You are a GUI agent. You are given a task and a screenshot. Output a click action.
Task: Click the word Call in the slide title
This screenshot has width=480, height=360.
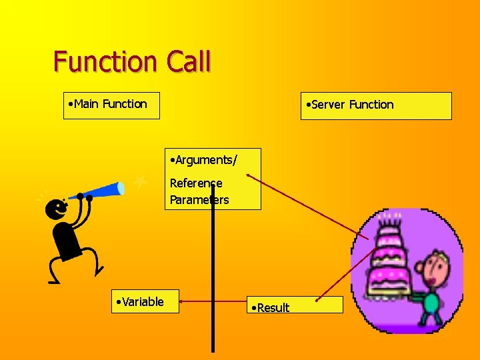(189, 61)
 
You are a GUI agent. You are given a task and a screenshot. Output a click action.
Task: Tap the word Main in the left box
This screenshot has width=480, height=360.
(86, 104)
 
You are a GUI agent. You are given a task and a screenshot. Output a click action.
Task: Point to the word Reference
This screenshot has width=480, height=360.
(196, 183)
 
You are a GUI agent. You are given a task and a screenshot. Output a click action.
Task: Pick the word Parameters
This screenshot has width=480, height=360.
(199, 200)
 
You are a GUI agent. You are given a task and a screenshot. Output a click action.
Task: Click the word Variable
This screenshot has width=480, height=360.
(142, 302)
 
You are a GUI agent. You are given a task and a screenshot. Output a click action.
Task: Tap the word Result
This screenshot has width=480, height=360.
(272, 307)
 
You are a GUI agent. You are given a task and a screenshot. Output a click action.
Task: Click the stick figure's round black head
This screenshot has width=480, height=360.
(57, 209)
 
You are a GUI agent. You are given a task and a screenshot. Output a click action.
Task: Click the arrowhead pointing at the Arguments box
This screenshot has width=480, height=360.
(249, 176)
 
